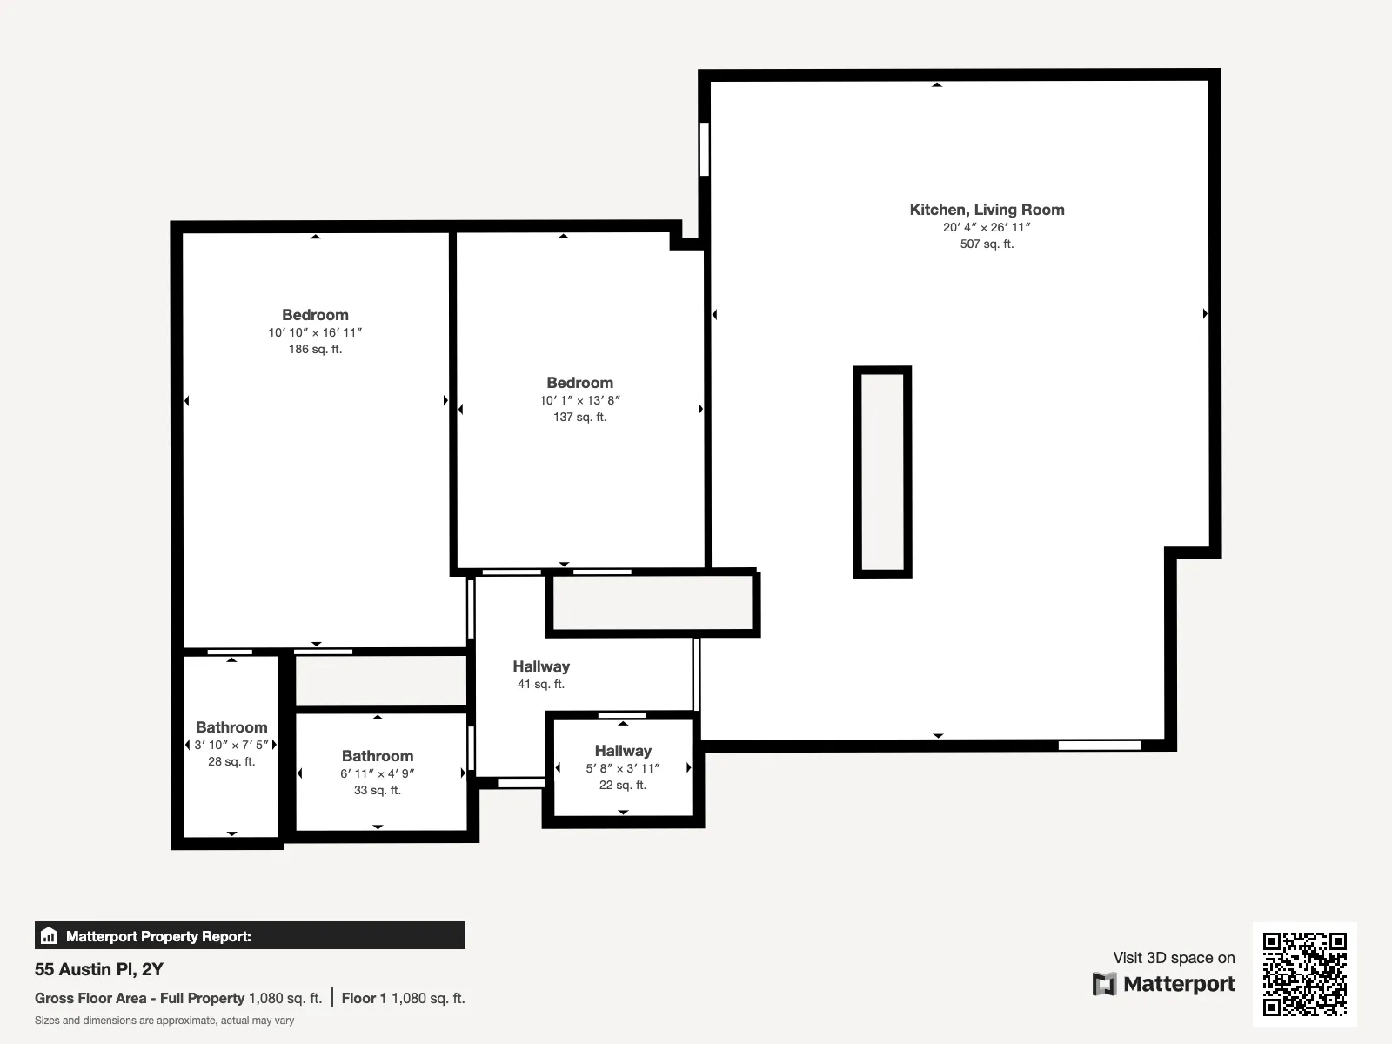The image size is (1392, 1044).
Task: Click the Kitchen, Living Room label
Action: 987,210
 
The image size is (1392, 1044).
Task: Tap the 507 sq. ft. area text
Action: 987,244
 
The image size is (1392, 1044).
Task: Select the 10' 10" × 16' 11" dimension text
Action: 315,332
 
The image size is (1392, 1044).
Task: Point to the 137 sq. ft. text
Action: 579,417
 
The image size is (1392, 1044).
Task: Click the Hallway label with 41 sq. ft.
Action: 541,666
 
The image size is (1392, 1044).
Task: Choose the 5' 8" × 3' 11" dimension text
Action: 623,768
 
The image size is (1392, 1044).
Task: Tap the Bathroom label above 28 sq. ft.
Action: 231,727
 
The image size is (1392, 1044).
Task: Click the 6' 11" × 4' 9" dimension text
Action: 378,773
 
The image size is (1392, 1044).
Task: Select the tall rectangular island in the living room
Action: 882,472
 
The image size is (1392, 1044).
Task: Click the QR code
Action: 1304,974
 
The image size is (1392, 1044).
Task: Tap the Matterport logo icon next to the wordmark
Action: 1104,984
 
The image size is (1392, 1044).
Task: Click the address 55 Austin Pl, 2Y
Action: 99,969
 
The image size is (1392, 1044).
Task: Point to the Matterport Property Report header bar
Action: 250,936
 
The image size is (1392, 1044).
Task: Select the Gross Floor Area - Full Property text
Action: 139,998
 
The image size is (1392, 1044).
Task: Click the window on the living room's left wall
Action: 704,149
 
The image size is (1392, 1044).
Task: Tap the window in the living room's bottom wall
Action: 1099,746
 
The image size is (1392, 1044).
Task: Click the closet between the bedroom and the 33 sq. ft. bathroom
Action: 381,680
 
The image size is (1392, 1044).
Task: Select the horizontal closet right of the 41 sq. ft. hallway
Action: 652,604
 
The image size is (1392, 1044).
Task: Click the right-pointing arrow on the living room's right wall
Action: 1205,313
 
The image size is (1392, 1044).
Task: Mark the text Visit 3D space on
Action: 1174,958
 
